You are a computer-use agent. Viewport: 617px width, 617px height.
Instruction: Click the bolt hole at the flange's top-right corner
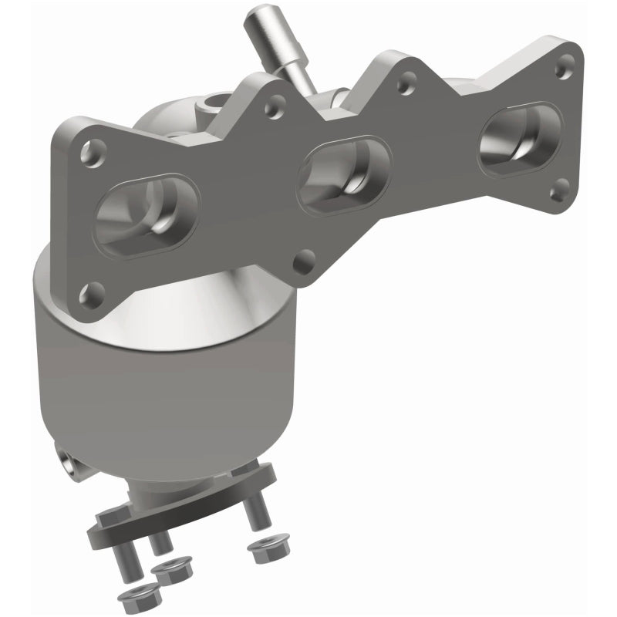[x=567, y=61]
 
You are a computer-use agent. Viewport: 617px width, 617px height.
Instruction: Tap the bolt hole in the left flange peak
[x=272, y=109]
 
